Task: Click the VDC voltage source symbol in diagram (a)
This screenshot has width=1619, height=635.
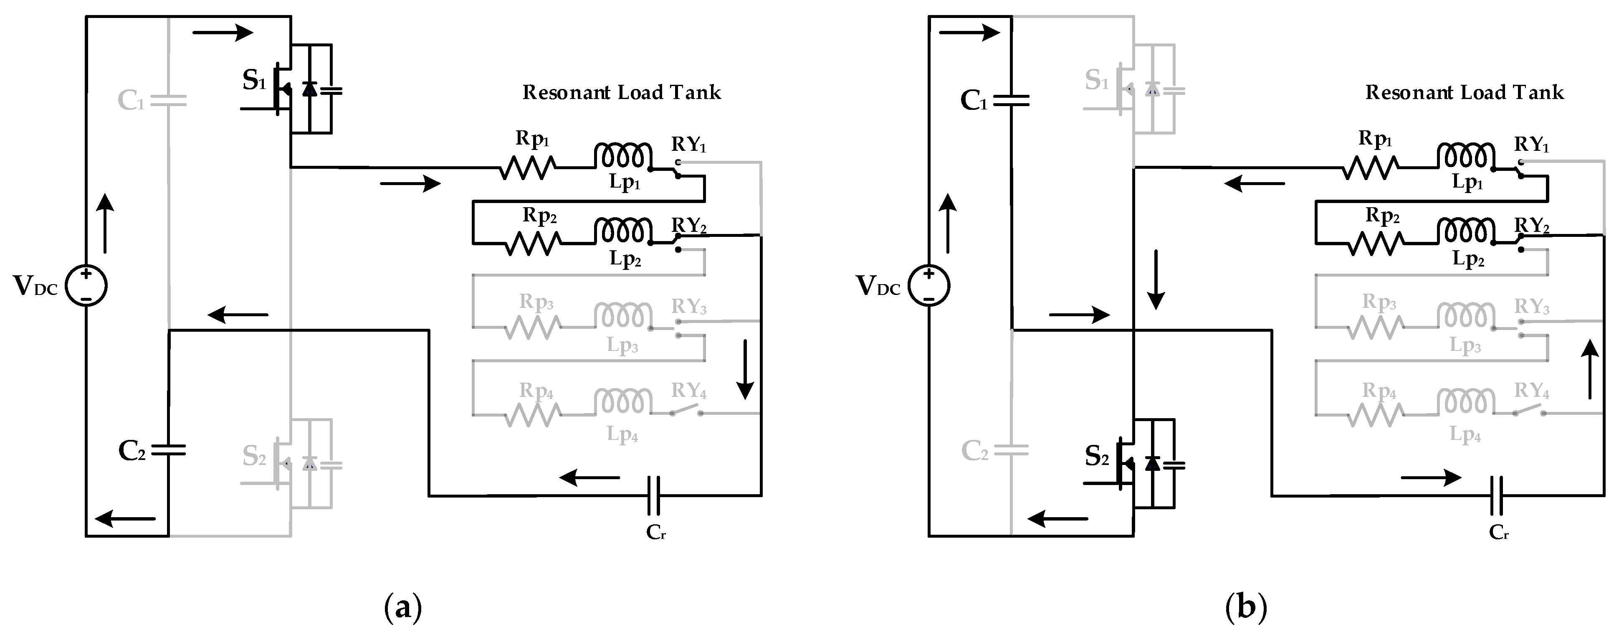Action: point(86,286)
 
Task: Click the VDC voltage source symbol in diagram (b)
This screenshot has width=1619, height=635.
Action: point(929,286)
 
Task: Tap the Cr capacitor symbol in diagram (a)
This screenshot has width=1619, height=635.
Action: point(654,495)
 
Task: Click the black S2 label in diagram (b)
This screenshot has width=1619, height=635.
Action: point(1097,457)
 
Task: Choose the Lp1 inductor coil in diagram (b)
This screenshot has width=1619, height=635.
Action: point(1466,156)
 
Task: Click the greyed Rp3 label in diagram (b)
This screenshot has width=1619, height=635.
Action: point(1379,302)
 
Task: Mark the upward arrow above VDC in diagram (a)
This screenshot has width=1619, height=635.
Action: point(105,223)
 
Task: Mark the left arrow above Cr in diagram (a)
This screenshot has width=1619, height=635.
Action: point(589,478)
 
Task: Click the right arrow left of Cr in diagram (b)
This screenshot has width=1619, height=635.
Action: point(1430,478)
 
